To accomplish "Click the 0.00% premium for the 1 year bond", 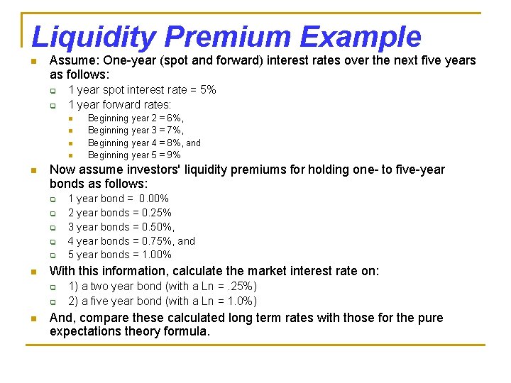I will coord(154,199).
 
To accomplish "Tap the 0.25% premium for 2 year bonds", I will coord(156,213).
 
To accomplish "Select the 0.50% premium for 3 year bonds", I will coord(158,227).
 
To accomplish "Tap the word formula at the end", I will coord(189,331).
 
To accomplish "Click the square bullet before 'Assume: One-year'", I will coord(34,61).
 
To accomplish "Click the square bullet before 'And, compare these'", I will coord(34,318).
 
